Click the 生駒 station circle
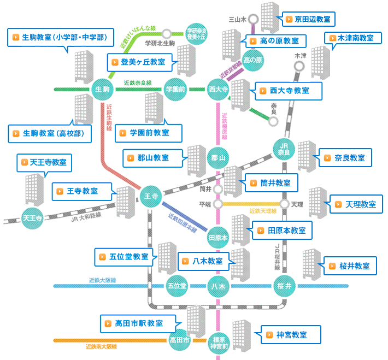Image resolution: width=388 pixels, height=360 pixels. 103,88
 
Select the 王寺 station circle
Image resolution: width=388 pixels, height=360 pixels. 151,196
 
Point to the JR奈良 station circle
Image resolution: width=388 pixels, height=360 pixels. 284,149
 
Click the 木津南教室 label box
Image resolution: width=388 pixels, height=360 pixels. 353,38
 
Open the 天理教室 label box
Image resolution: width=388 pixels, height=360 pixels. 357,204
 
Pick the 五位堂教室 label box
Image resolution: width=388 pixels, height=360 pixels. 125,256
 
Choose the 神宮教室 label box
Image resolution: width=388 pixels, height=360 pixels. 287,334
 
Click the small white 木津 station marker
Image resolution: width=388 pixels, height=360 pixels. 299,66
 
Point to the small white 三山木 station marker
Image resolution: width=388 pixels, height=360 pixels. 254,19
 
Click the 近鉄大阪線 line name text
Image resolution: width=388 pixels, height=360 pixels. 102,280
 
